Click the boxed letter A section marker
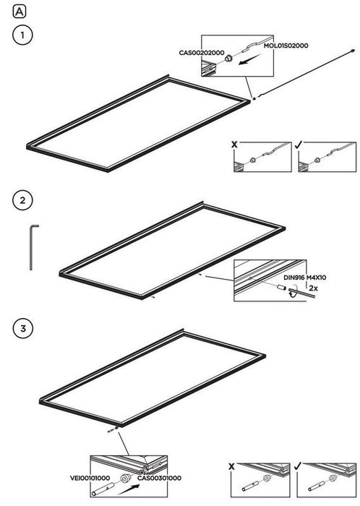pos(19,12)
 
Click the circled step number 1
pos(22,35)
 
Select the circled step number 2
pos(22,200)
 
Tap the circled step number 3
pos(23,328)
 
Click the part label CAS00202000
pos(202,53)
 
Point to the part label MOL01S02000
pos(286,46)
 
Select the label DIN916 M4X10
pos(305,277)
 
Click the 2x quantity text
pos(313,288)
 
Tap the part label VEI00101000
pos(90,478)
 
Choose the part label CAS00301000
pos(159,478)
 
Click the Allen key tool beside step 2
pos(32,247)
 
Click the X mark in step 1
pos(234,145)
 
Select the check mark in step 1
pos(298,145)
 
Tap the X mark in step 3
pos(231,466)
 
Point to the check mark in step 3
pos(298,466)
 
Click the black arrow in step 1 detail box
pos(249,60)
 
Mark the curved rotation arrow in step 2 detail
pos(292,290)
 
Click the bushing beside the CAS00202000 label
pos(228,59)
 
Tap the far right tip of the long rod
pos(354,50)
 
